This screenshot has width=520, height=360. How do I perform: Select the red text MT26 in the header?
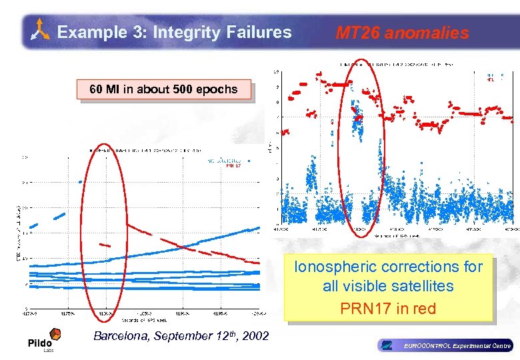tap(357, 33)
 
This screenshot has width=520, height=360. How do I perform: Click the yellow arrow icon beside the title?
tap(41, 31)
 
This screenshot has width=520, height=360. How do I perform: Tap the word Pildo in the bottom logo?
tap(39, 343)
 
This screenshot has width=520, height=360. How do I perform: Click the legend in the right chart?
tap(491, 78)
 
